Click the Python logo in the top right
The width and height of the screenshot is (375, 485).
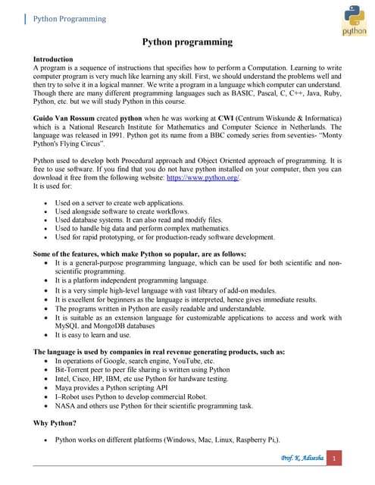354,19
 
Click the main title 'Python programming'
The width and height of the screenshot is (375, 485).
187,43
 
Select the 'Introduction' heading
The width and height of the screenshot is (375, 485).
53,58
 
